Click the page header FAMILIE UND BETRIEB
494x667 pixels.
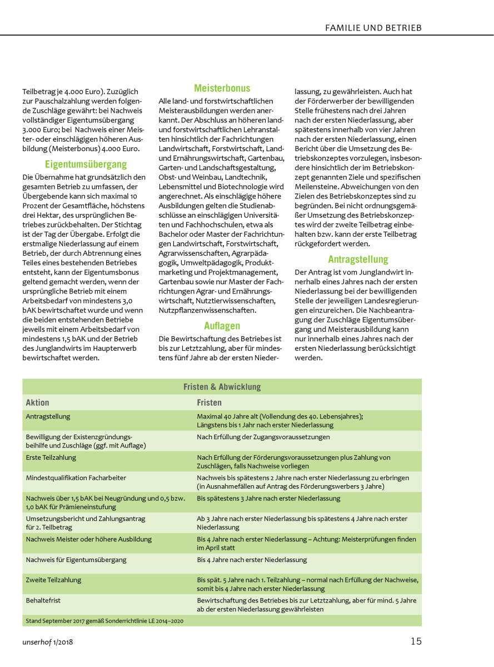coord(373,27)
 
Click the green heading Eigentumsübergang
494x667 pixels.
coord(86,164)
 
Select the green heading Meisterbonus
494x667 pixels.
coord(222,88)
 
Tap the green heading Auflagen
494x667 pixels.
coord(222,326)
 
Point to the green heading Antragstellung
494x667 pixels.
coord(358,259)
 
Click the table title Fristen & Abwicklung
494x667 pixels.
coord(222,387)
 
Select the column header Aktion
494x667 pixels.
coord(38,402)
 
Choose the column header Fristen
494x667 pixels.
coord(209,402)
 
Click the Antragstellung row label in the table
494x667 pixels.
coord(48,416)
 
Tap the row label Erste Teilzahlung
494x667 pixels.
coord(51,457)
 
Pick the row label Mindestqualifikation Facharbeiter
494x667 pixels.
coord(76,477)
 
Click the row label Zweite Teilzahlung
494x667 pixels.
coord(53,580)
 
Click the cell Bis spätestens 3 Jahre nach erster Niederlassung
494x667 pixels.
coord(268,499)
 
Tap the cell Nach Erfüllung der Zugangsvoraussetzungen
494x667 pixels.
coord(263,437)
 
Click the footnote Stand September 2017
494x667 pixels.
coord(104,620)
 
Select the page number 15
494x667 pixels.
coord(416,641)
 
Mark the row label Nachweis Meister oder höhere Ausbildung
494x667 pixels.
coord(88,539)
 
